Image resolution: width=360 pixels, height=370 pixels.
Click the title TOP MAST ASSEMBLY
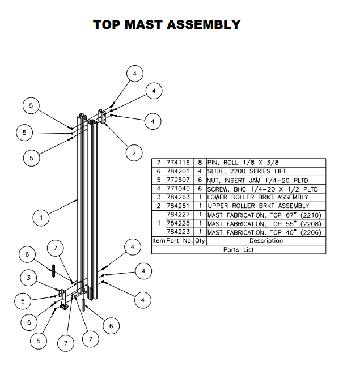[x=167, y=25]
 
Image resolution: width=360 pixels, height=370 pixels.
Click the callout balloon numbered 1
[x=41, y=216]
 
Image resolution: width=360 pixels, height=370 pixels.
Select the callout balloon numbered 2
[x=134, y=152]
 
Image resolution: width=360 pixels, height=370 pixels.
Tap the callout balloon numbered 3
[x=28, y=277]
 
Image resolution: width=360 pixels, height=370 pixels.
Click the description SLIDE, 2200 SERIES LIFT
[x=247, y=171]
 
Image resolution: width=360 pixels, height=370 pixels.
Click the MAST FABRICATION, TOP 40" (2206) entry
[x=264, y=232]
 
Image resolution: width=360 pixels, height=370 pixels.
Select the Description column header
[x=266, y=241]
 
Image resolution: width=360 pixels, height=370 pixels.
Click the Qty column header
[x=201, y=241]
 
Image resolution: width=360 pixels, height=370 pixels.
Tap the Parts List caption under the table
[x=239, y=249]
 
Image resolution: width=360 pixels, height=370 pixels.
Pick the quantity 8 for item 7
[x=201, y=163]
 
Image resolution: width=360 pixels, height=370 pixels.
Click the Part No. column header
[x=179, y=241]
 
